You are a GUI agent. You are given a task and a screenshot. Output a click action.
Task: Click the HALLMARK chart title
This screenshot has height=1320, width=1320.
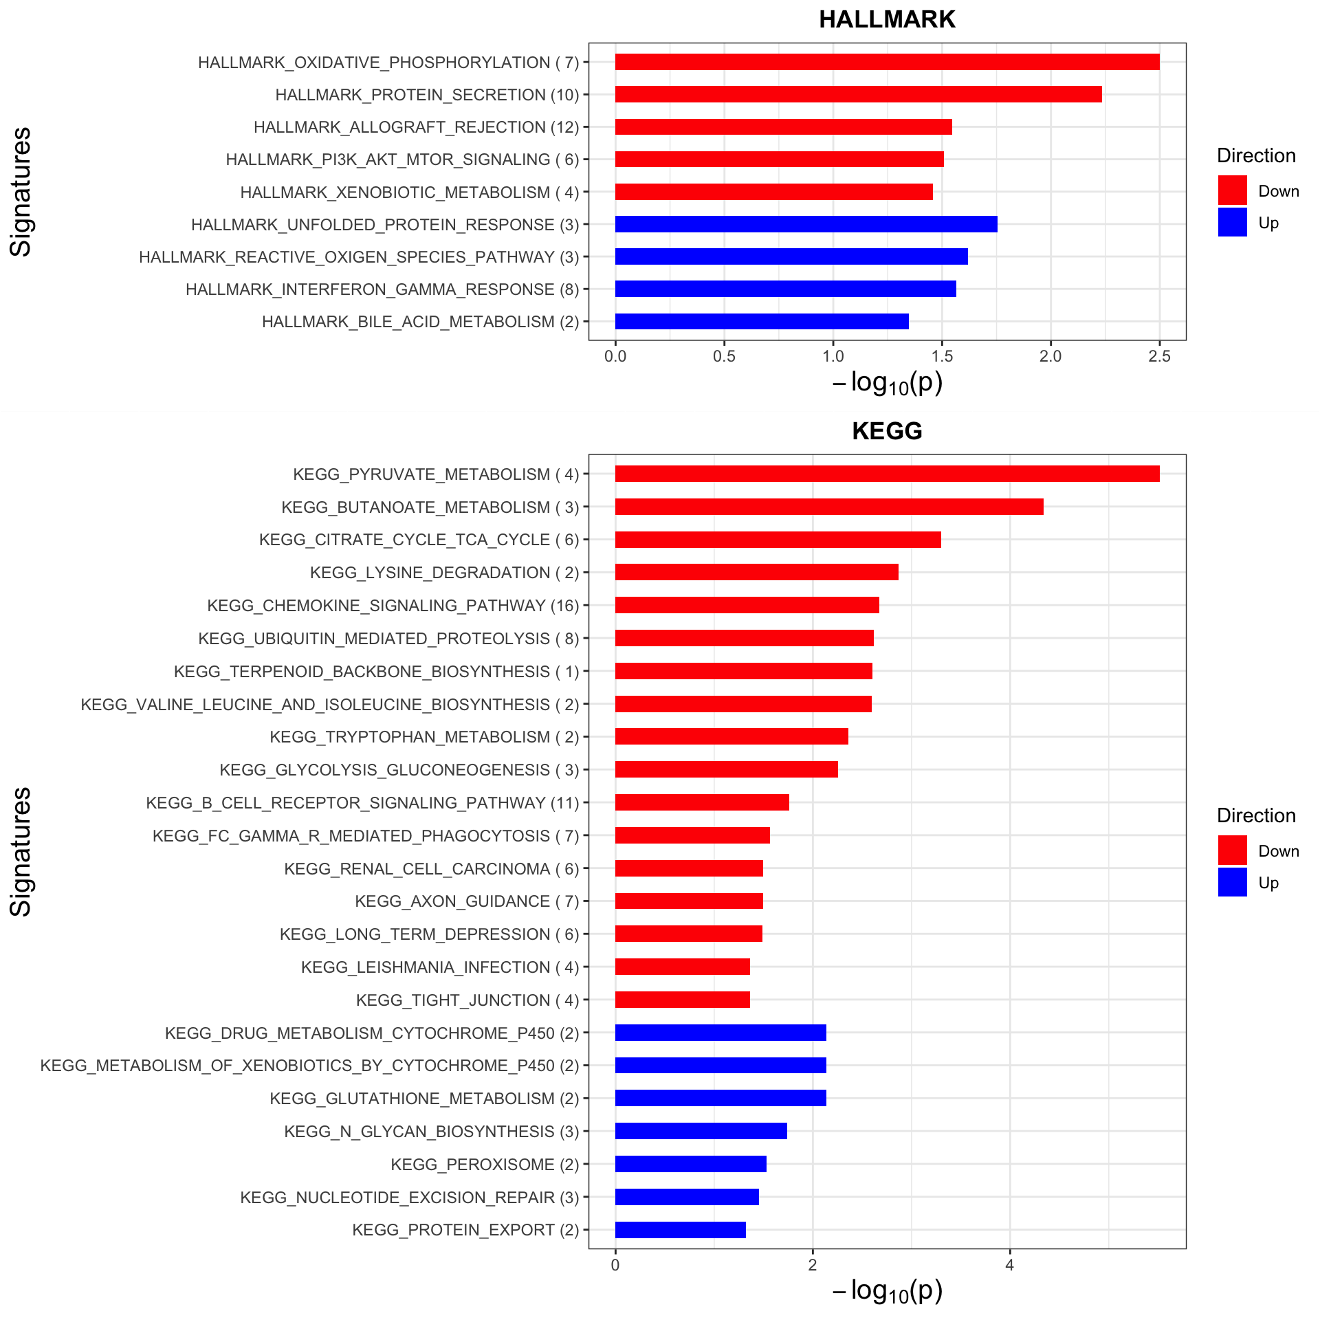click(x=887, y=19)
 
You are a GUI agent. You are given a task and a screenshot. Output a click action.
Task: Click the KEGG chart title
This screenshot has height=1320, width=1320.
click(x=887, y=431)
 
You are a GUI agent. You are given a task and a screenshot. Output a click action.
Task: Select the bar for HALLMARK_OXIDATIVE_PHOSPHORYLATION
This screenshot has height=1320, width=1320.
click(x=887, y=62)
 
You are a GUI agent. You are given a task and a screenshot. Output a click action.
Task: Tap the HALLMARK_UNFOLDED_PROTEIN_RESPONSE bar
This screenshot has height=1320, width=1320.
click(x=806, y=224)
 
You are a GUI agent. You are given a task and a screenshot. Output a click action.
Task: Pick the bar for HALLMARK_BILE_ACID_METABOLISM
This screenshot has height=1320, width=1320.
click(x=762, y=322)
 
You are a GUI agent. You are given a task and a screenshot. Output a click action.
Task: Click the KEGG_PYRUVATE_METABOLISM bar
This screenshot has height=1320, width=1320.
click(x=887, y=474)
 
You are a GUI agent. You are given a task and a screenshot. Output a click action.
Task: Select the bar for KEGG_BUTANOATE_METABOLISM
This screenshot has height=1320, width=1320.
click(x=829, y=507)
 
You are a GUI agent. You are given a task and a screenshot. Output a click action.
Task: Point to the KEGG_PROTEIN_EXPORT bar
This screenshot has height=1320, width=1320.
click(x=681, y=1230)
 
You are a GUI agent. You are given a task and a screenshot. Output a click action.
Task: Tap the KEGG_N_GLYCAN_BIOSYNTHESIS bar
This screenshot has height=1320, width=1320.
click(x=701, y=1131)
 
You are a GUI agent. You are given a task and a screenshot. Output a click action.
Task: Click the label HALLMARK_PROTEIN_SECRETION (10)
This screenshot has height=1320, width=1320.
click(x=427, y=95)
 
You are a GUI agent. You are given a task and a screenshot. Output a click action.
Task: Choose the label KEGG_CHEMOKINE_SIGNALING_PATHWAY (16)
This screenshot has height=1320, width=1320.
click(x=393, y=606)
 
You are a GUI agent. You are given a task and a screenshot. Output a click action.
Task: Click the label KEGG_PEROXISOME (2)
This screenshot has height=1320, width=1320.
click(x=485, y=1165)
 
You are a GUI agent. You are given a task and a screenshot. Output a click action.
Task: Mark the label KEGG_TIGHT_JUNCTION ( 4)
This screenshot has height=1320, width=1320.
click(x=467, y=1000)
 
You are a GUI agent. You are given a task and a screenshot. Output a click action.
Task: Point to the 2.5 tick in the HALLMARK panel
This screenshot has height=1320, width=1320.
click(x=1159, y=356)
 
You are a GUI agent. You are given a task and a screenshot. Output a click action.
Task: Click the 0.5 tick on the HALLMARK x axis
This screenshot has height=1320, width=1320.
click(x=724, y=356)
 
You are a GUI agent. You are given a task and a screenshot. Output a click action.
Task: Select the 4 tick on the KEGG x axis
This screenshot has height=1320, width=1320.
click(x=1010, y=1266)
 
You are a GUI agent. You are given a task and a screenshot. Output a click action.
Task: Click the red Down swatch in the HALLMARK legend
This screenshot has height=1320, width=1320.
click(x=1232, y=190)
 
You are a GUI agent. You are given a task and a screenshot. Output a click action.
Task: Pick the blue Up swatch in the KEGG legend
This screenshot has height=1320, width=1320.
click(x=1232, y=882)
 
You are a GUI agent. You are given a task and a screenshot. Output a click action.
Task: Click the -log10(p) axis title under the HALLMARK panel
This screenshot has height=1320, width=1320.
click(x=887, y=383)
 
